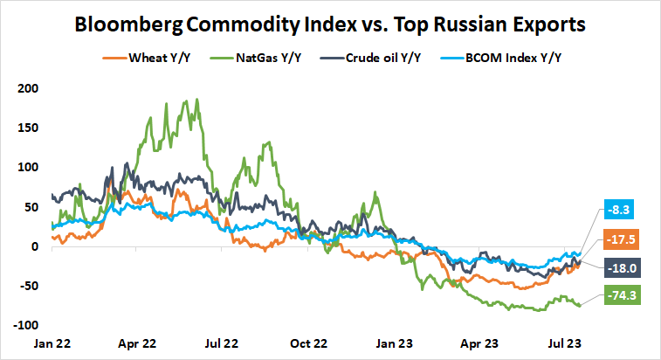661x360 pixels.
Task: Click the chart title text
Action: tap(330, 24)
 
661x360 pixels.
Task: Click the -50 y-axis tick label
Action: tap(28, 286)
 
